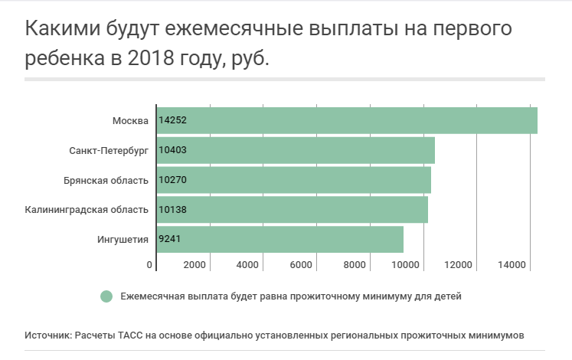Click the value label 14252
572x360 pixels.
pos(172,120)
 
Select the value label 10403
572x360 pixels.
pos(172,150)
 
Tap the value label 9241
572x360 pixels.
pos(170,239)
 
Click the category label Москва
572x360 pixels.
pos(130,120)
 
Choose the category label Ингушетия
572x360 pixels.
pos(123,239)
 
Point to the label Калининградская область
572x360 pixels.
pos(86,209)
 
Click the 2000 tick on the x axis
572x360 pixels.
pos(194,265)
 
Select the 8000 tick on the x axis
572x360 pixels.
pos(354,265)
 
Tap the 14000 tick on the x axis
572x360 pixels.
pos(510,265)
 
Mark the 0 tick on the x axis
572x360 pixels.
pos(150,265)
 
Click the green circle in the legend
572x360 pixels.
pos(106,296)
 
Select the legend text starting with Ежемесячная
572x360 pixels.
pos(291,296)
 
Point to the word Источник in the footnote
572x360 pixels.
pos(47,335)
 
